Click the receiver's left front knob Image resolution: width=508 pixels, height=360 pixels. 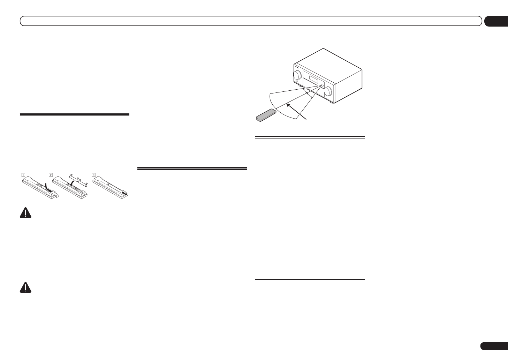pyautogui.click(x=297, y=75)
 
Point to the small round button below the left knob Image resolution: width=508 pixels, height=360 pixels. pyautogui.click(x=297, y=82)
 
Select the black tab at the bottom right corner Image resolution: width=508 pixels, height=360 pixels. pyautogui.click(x=494, y=346)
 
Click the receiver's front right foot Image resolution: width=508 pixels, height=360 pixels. pyautogui.click(x=331, y=102)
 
